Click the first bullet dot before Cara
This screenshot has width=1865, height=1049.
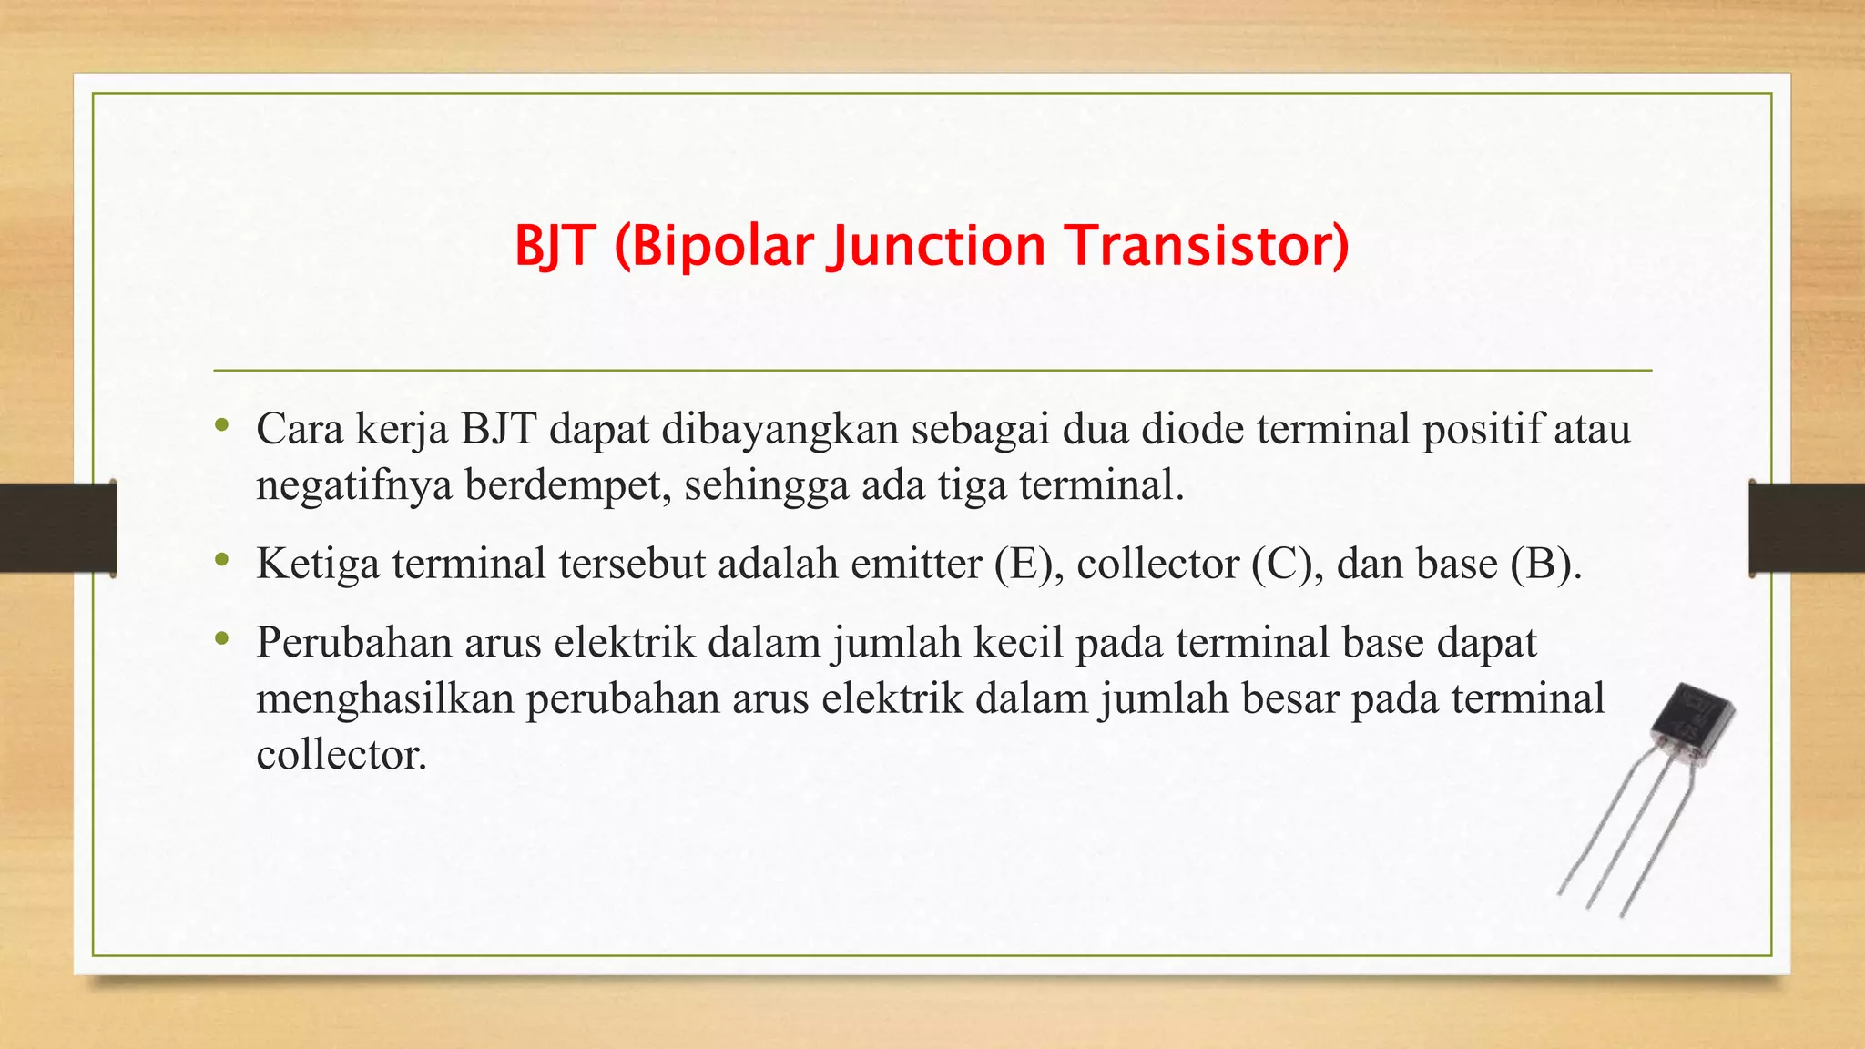point(221,426)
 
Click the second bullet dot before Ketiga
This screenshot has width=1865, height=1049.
point(221,561)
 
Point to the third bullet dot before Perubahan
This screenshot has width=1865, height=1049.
point(221,640)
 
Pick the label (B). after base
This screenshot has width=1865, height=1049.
point(1545,564)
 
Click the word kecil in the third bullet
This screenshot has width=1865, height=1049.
point(1018,642)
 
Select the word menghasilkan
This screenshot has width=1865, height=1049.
point(385,699)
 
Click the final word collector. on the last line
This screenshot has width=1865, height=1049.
point(341,754)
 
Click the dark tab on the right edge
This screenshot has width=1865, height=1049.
point(1807,528)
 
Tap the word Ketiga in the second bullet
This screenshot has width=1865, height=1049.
point(318,564)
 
